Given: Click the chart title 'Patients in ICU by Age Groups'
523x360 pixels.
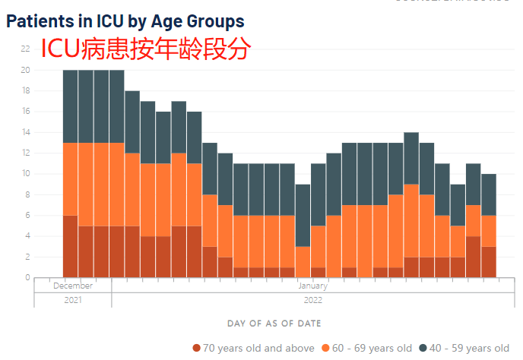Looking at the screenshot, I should click(125, 21).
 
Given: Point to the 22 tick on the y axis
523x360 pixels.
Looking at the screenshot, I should click(25, 49).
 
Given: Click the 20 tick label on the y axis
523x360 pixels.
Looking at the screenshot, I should click(25, 70).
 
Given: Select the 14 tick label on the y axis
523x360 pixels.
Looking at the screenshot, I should click(25, 132).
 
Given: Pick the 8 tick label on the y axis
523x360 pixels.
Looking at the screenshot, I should click(26, 194).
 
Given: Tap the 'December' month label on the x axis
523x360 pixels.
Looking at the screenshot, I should click(73, 286).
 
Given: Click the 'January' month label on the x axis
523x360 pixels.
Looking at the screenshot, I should click(312, 286).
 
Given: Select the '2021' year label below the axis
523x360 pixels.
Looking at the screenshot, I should click(73, 299).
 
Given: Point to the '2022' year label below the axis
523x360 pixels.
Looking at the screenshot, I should click(312, 299).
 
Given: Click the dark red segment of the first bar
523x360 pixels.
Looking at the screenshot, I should click(70, 246).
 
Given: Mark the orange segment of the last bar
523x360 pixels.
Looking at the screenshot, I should click(488, 231).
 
